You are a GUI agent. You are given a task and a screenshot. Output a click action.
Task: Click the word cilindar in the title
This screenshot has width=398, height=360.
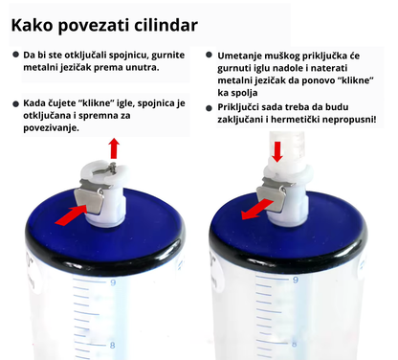coord(166,25)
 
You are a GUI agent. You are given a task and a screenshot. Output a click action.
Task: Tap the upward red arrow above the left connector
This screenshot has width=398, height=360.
coord(114,148)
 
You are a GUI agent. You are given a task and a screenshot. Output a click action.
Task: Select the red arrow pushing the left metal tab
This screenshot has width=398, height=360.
coord(71,215)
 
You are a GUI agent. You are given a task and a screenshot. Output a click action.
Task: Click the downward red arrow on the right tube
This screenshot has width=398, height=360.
coord(277,152)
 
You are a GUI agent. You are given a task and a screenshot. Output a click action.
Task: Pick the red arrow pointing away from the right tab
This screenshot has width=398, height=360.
coord(257,210)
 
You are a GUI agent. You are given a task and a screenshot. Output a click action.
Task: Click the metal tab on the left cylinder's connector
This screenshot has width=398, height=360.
coord(90,200)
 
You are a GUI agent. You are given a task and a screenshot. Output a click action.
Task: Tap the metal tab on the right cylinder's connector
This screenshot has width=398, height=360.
coord(271,198)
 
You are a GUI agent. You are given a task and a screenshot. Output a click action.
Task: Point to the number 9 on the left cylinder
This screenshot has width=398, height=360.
coord(113,282)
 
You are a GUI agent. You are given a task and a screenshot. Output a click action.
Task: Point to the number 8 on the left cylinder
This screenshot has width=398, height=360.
coord(112,345)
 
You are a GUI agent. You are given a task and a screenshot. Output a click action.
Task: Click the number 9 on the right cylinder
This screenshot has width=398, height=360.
coord(296,280)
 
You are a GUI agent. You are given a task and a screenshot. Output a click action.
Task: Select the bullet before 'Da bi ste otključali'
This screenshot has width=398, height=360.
coord(15,55)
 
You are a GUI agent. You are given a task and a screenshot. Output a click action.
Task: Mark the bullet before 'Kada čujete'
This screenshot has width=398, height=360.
coord(15,104)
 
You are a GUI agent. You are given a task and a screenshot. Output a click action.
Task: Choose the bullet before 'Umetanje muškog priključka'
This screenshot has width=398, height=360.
coord(210,56)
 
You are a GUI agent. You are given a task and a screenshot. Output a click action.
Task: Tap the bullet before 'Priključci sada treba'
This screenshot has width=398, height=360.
coord(210,108)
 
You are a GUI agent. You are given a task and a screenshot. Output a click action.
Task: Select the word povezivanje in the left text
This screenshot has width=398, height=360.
coord(51,128)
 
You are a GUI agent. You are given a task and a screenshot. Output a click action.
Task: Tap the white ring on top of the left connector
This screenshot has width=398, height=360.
coord(106,169)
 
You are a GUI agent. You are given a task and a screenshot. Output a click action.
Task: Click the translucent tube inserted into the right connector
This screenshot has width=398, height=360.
coord(287,146)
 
